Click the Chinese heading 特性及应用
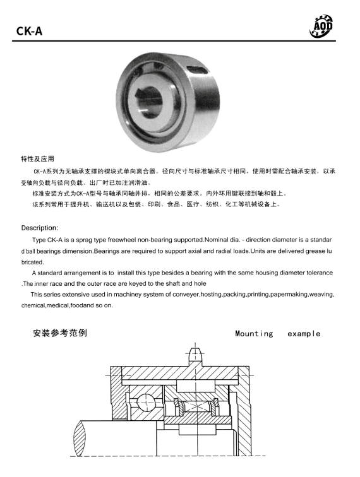pos(42,158)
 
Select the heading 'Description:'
pos(40,227)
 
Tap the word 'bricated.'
pos(33,261)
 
